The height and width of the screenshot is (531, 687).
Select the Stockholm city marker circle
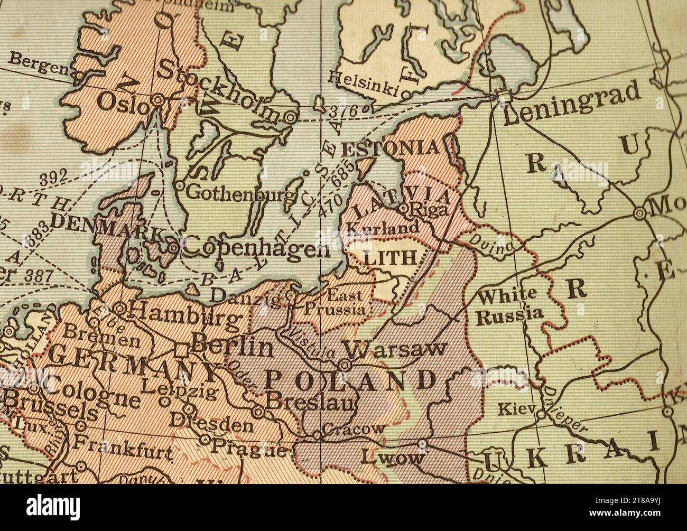[x=290, y=117]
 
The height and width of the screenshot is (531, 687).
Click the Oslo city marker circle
[x=157, y=99]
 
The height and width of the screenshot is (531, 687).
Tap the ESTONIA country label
[x=390, y=148]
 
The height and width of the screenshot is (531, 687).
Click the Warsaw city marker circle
[x=344, y=365]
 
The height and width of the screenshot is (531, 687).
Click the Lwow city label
[x=393, y=456]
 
